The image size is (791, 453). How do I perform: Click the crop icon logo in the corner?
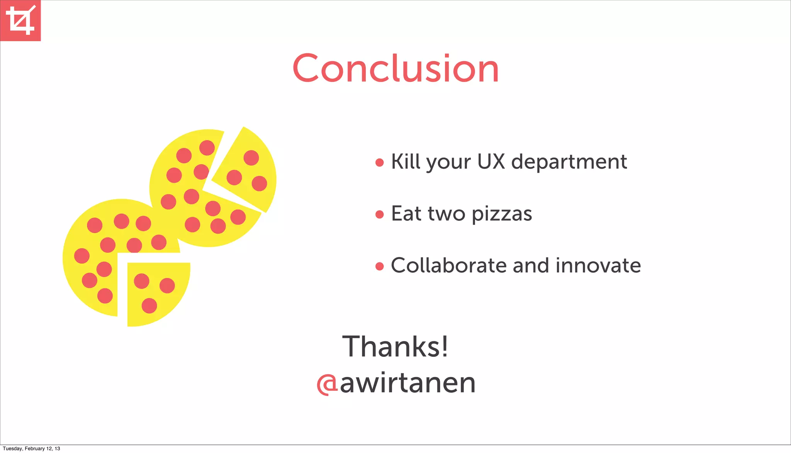[20, 20]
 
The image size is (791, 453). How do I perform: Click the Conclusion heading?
[395, 69]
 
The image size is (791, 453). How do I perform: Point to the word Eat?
[406, 213]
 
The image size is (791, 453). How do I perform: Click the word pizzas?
[502, 214]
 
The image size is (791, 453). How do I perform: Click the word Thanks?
[395, 346]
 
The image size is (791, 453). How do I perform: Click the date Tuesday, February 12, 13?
[31, 448]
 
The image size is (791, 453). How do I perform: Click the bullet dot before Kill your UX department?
[380, 163]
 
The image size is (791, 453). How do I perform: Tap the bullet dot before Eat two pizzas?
[380, 214]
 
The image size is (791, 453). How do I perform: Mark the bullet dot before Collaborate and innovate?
[380, 266]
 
